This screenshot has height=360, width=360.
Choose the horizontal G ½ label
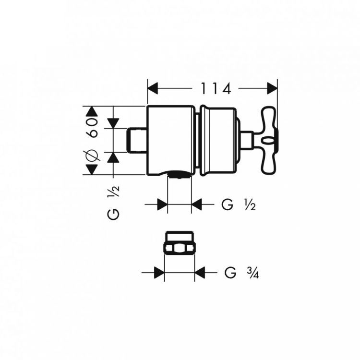238,205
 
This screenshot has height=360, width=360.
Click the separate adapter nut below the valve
179,244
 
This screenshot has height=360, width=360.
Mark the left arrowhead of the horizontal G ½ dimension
162,205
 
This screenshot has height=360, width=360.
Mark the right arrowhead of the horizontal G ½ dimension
197,205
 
